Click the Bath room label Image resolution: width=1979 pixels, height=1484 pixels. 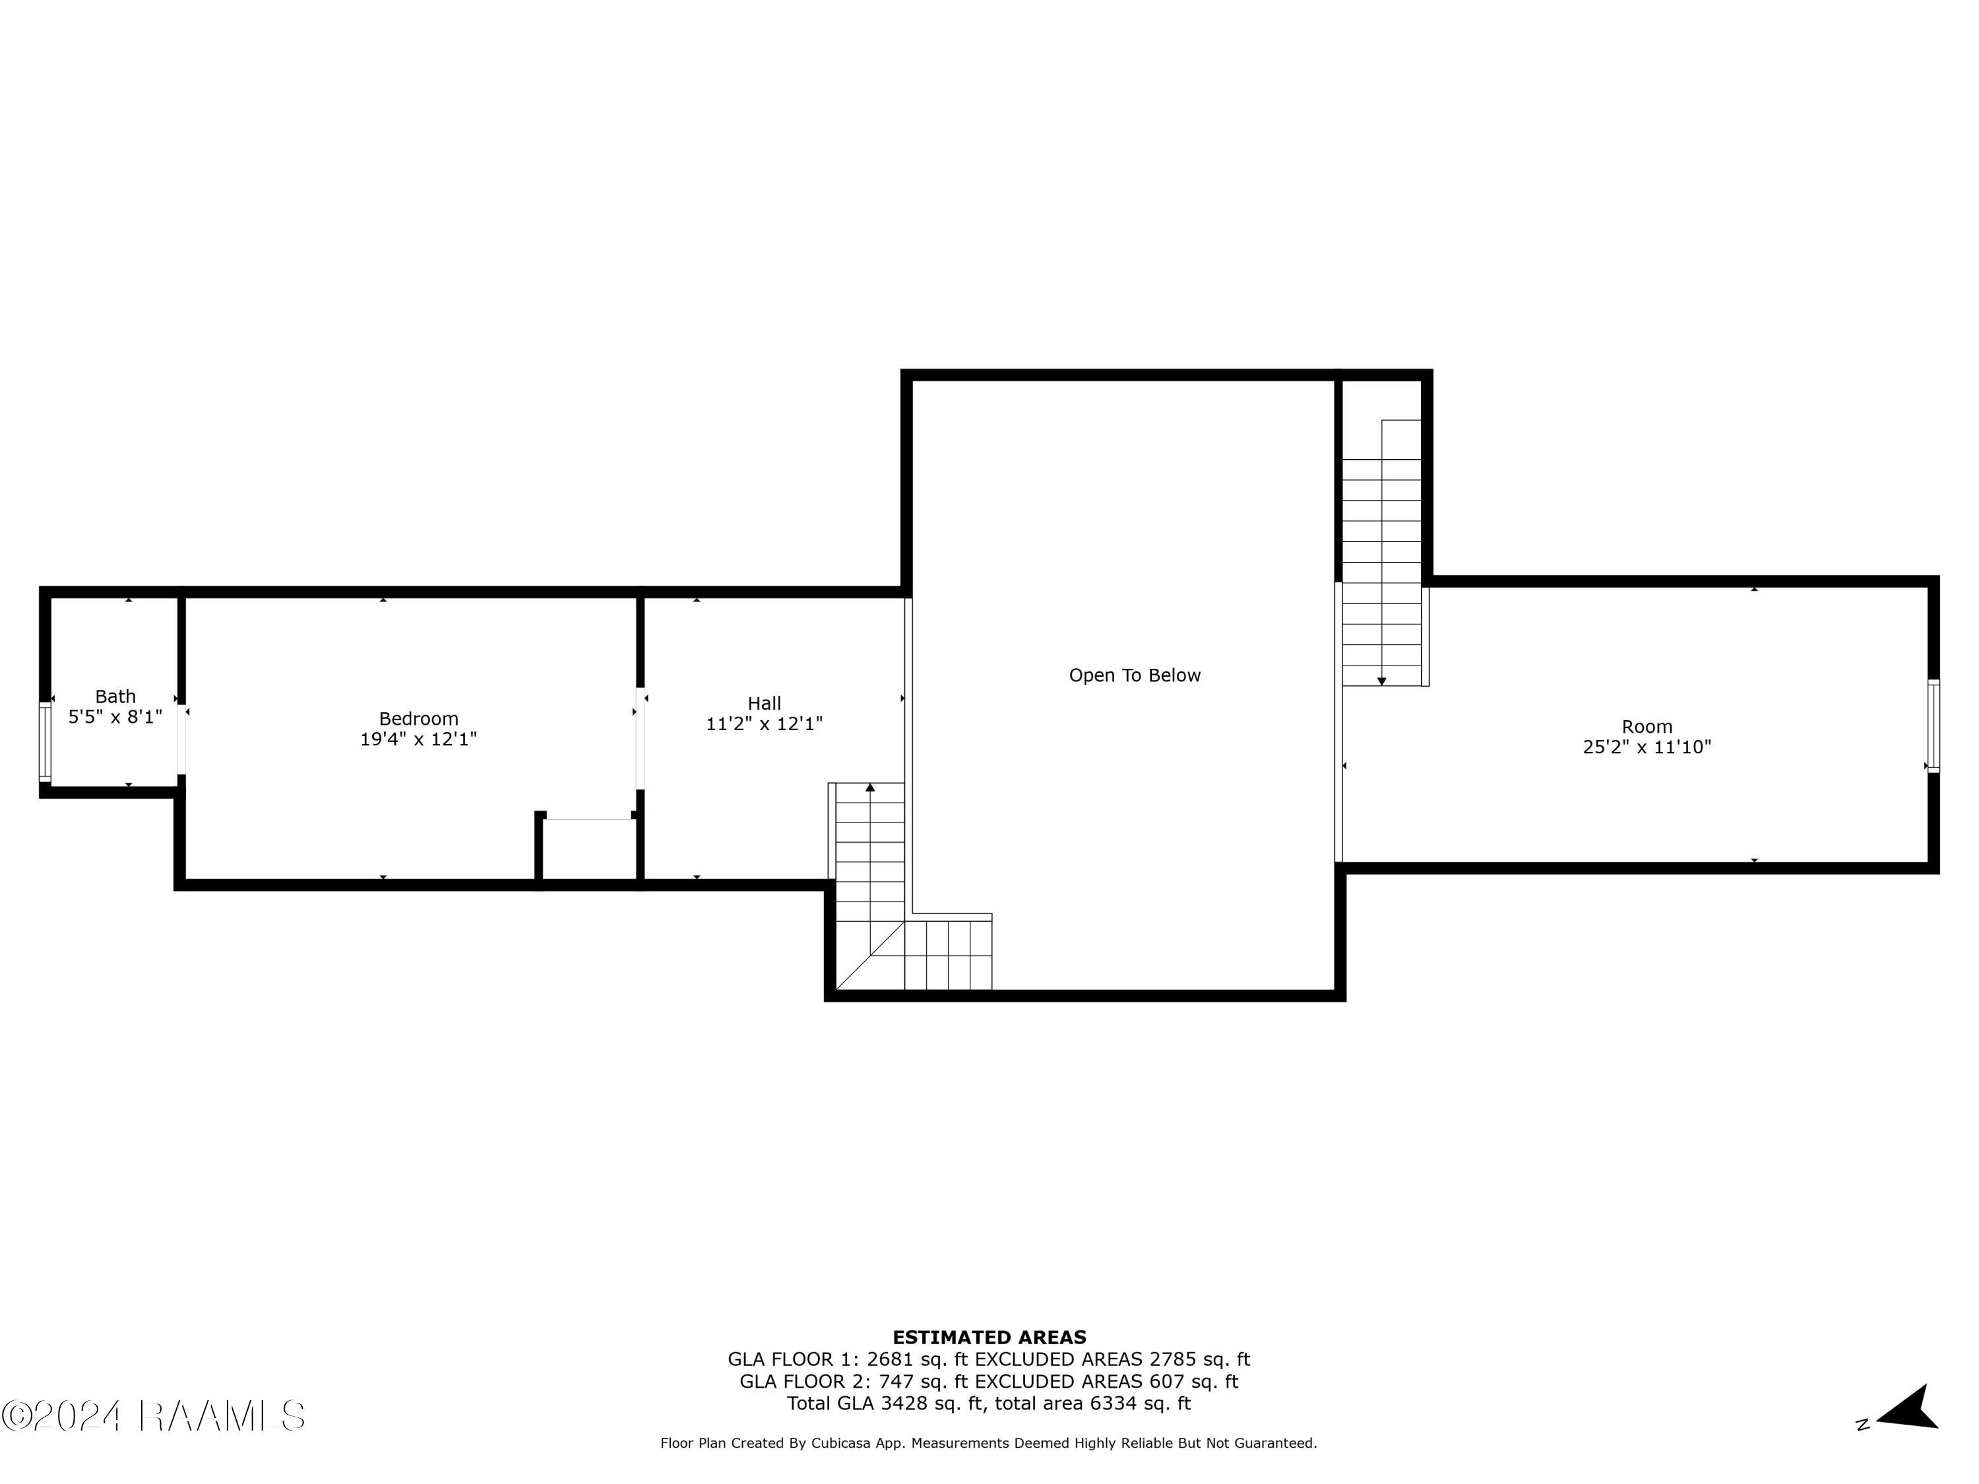point(115,696)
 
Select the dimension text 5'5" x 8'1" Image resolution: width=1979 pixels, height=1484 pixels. point(115,716)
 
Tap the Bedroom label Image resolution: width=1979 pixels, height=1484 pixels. point(419,718)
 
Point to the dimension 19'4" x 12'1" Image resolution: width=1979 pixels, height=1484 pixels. point(419,739)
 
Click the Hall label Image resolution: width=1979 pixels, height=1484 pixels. point(764,703)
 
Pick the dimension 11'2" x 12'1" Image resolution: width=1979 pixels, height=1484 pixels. point(764,724)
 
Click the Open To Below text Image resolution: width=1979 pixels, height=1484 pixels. point(1135,675)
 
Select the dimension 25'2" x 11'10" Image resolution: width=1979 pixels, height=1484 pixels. point(1646,747)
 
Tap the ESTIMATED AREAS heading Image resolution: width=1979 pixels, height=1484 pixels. point(989,1338)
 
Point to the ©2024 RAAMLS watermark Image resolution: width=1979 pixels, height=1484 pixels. point(153,1416)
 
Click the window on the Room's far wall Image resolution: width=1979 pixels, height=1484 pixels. point(1933,726)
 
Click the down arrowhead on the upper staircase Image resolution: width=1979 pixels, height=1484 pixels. point(1381,681)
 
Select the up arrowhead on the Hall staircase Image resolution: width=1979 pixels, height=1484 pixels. point(871,787)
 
